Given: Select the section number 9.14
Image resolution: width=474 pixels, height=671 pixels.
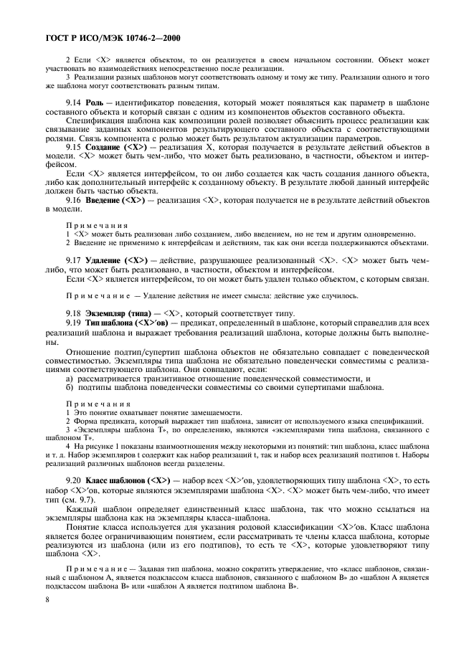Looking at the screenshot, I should click(75, 103).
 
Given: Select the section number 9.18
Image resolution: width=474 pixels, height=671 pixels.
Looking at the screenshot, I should click(75, 313).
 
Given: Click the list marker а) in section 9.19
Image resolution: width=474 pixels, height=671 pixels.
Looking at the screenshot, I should click(70, 378).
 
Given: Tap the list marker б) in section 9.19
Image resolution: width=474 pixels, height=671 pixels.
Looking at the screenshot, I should click(70, 388).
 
